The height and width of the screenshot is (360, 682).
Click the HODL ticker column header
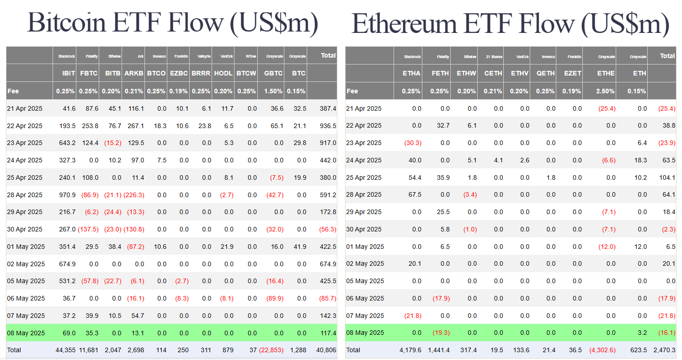[223, 73]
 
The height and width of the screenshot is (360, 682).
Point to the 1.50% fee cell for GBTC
[273, 91]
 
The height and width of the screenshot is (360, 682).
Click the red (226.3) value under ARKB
[134, 195]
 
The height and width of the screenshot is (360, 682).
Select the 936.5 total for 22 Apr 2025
[328, 126]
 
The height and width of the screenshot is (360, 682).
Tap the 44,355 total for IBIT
[65, 350]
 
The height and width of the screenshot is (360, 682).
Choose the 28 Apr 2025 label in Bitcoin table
[25, 195]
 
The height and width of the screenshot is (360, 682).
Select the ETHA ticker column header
[411, 73]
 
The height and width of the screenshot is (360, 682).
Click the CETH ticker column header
[493, 73]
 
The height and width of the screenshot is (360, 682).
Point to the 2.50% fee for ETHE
[605, 91]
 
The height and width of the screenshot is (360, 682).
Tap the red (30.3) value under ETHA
[413, 143]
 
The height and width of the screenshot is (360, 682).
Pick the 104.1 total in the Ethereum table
[667, 177]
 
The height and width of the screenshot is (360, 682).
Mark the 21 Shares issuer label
[494, 57]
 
